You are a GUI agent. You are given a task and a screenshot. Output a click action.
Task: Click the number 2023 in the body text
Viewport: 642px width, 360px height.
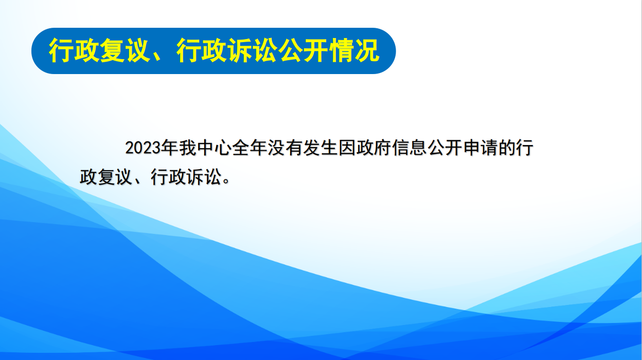point(143,148)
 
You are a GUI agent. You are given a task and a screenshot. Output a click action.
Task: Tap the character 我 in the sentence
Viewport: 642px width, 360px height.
point(187,148)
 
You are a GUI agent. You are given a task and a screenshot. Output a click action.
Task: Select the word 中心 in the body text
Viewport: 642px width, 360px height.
point(215,148)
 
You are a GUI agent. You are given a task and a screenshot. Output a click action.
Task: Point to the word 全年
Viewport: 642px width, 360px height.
point(250,148)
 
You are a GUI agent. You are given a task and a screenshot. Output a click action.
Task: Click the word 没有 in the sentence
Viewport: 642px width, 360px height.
point(286,148)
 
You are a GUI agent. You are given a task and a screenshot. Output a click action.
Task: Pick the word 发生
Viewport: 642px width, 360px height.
point(321,148)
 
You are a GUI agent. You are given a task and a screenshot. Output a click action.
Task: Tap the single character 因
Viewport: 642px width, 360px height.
point(347,148)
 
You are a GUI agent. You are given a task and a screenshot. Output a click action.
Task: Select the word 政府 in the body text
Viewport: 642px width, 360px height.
point(374,148)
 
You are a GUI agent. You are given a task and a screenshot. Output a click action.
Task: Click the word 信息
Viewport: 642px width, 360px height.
point(409,148)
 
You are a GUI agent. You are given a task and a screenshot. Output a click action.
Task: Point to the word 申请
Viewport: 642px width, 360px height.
point(480,148)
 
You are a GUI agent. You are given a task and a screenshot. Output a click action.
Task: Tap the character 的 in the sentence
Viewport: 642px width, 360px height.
point(507,148)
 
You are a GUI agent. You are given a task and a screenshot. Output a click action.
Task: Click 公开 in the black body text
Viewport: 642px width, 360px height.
point(445,148)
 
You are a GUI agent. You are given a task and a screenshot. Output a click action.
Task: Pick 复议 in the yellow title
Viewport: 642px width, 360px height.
point(125,51)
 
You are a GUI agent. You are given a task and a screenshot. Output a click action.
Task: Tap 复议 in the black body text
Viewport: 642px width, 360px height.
point(115,177)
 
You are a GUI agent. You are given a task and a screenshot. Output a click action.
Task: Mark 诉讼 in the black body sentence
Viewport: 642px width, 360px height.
point(204,177)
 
